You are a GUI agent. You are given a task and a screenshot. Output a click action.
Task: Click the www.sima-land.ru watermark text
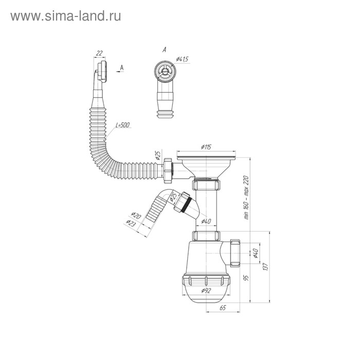[65, 16]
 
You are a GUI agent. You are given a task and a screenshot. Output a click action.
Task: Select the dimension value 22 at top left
[99, 53]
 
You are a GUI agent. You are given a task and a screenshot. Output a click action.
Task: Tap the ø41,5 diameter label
[183, 60]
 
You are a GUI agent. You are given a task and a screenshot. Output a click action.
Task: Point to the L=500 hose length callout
[124, 125]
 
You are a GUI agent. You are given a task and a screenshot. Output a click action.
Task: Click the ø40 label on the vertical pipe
[206, 222]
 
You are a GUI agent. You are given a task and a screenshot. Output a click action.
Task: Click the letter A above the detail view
[164, 50]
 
